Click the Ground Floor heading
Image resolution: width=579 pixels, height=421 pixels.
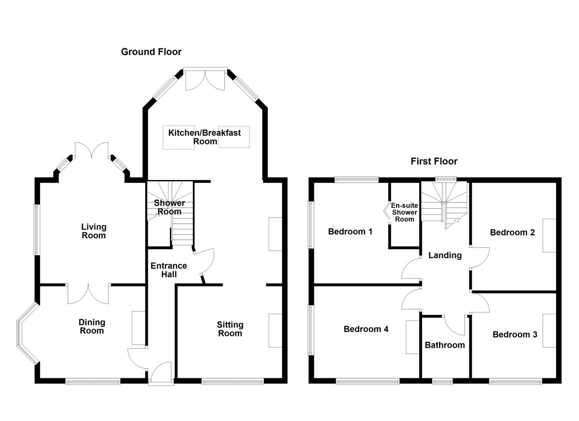click(x=151, y=52)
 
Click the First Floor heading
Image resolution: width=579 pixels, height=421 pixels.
click(x=434, y=161)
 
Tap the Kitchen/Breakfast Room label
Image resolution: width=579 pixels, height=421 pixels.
click(x=205, y=137)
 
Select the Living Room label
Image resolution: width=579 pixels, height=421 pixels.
click(x=94, y=231)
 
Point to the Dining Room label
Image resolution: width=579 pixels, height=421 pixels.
click(x=92, y=327)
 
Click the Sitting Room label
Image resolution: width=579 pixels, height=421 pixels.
click(x=230, y=329)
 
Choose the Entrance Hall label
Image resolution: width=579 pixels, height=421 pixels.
click(x=169, y=270)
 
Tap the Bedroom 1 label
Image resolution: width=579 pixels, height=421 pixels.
click(x=350, y=232)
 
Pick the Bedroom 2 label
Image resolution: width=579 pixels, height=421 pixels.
click(x=512, y=233)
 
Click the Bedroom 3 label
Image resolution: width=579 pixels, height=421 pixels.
click(x=515, y=335)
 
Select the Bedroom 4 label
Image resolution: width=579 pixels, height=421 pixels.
click(x=366, y=329)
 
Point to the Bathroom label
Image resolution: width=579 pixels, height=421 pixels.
click(x=444, y=345)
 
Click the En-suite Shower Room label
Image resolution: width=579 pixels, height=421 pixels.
click(x=405, y=212)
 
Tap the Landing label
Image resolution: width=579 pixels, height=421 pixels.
click(x=445, y=256)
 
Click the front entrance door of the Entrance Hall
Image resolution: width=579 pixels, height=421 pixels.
click(x=161, y=373)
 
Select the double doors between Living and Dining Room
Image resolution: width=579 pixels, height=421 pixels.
click(x=88, y=294)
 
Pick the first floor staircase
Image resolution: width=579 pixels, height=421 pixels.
click(x=443, y=203)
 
